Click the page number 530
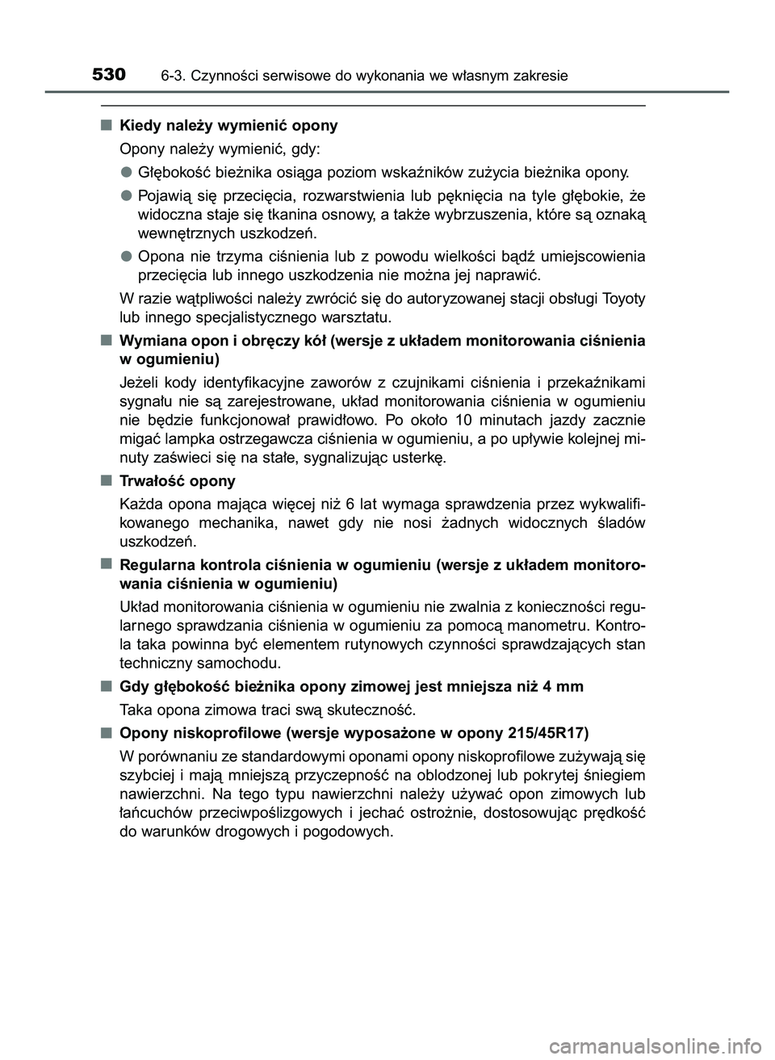pos(109,75)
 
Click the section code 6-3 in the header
pos(171,77)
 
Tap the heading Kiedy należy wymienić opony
pos(228,126)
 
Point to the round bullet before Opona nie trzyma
pos(128,256)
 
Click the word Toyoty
pos(623,299)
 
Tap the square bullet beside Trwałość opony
pos(107,481)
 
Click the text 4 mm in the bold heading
pos(563,687)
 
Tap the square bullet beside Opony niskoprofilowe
pos(107,733)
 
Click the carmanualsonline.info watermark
pos(674,1046)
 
